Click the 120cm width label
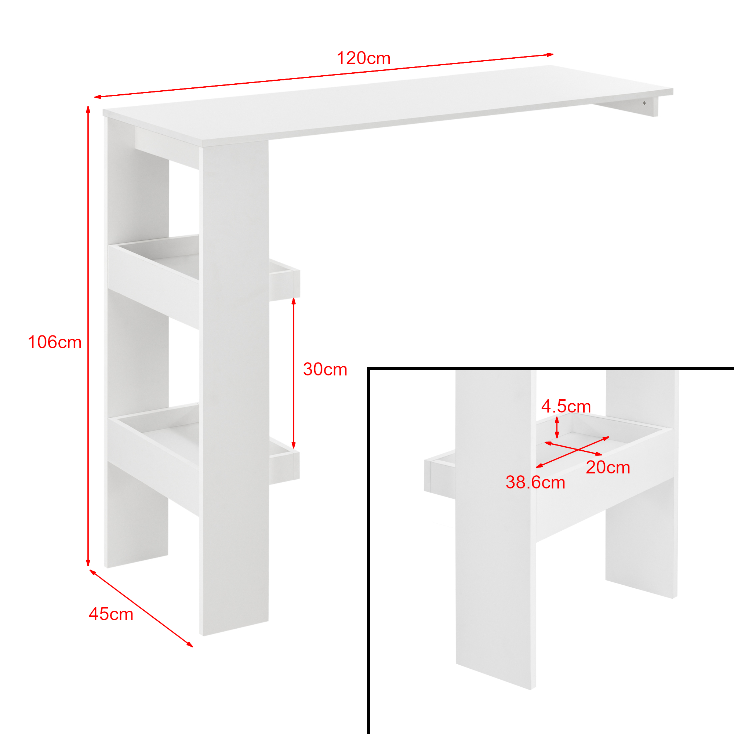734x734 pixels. [x=364, y=58]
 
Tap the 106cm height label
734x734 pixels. [x=55, y=342]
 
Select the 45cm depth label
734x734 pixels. [x=111, y=614]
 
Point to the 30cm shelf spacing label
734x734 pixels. [x=325, y=369]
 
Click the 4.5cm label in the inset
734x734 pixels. [x=566, y=407]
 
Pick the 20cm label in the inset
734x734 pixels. [x=608, y=467]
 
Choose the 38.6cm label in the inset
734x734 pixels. [x=535, y=483]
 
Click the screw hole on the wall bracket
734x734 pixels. [x=644, y=103]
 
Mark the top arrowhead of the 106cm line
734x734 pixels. [x=88, y=109]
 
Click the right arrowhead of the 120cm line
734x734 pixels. [x=550, y=55]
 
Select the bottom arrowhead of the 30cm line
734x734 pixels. [x=293, y=445]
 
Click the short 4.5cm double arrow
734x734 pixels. [x=557, y=428]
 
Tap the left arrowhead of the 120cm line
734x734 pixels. [x=98, y=97]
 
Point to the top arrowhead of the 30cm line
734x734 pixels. [x=293, y=302]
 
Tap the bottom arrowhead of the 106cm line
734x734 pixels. [x=88, y=563]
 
